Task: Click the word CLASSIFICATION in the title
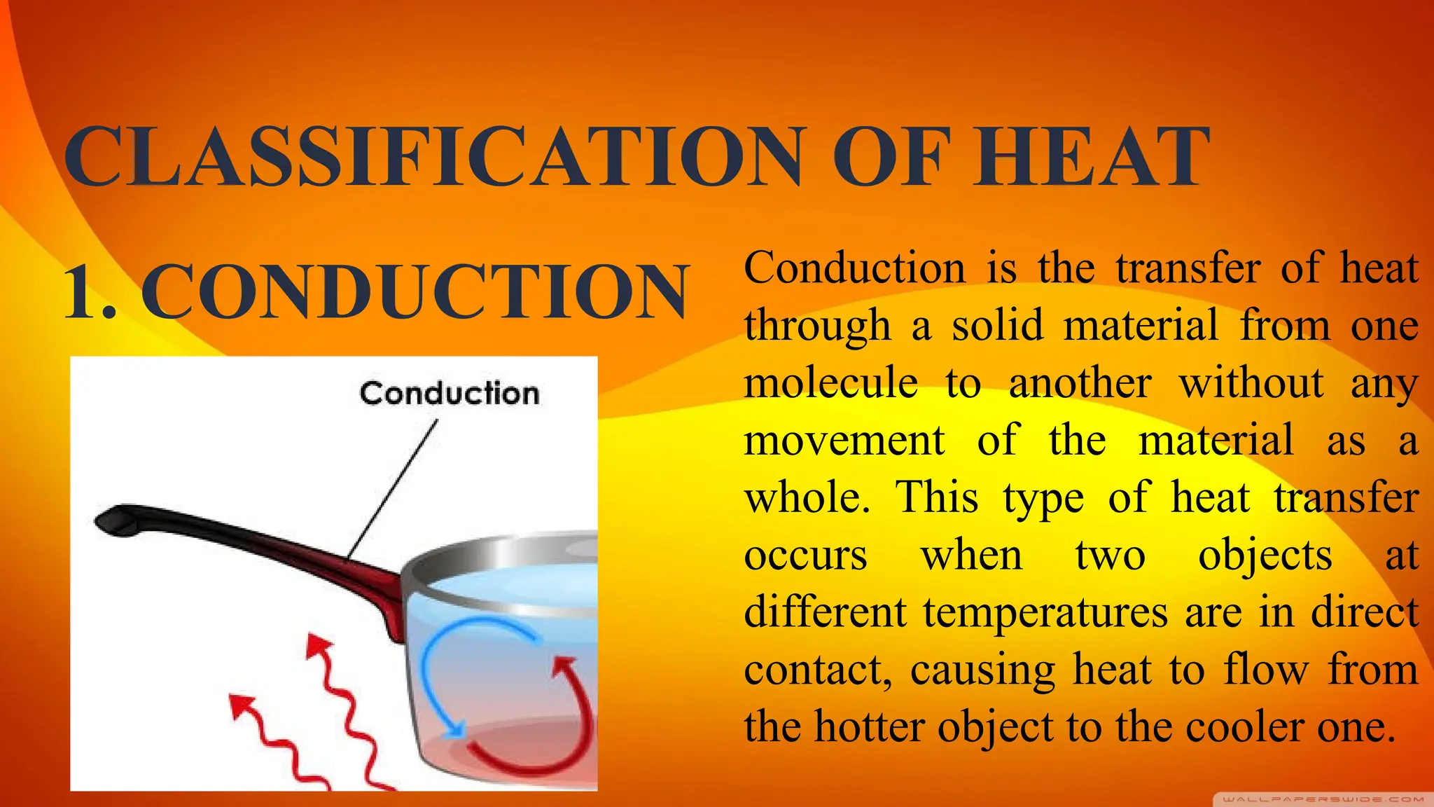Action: (x=434, y=157)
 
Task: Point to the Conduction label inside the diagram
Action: (x=450, y=394)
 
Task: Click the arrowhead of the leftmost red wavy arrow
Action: (x=242, y=704)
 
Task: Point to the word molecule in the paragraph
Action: (x=830, y=384)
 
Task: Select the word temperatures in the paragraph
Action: (x=1045, y=612)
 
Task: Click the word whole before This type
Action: (x=805, y=498)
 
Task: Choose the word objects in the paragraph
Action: (x=1265, y=556)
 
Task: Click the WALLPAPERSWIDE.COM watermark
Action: (x=1322, y=799)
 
